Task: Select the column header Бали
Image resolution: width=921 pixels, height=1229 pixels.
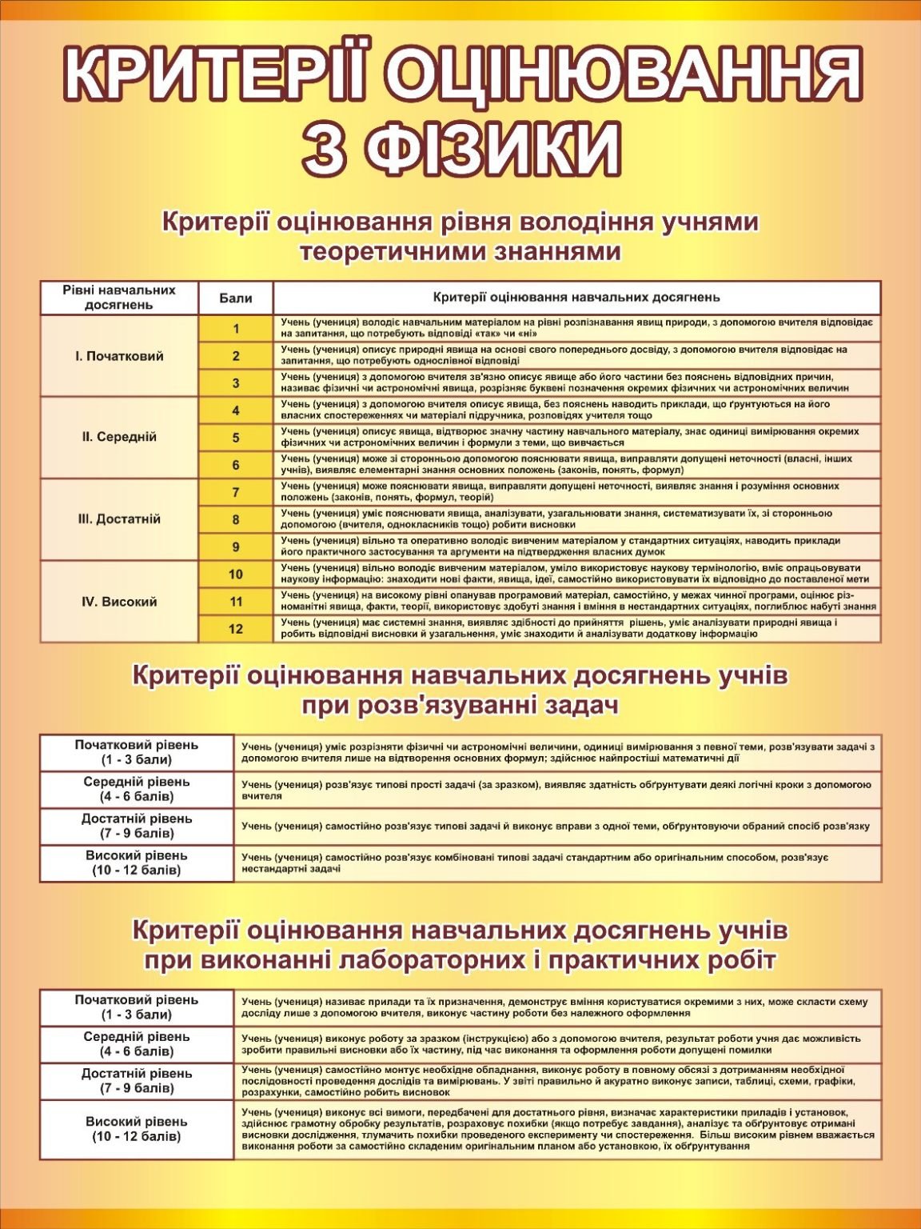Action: click(236, 298)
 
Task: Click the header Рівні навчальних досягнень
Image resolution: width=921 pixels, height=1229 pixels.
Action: click(119, 298)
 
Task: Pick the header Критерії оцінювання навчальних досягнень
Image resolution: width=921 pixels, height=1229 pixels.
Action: click(576, 298)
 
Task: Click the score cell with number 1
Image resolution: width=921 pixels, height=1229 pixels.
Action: click(236, 329)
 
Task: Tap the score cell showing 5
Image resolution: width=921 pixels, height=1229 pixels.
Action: click(236, 438)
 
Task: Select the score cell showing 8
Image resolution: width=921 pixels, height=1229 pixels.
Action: click(236, 519)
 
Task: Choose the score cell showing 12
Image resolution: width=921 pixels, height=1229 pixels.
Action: click(236, 629)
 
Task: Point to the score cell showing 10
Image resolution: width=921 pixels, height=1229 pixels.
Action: click(236, 574)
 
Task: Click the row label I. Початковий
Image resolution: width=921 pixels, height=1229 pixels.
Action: click(119, 356)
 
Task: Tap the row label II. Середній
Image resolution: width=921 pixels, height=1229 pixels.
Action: click(119, 438)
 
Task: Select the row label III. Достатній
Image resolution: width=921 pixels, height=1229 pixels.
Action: click(119, 519)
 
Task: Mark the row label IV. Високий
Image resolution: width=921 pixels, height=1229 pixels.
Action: click(119, 602)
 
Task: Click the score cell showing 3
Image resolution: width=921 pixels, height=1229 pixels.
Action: click(236, 383)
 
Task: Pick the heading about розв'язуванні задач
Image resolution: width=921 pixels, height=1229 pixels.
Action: click(460, 691)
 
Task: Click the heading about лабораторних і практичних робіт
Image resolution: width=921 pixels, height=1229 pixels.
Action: click(460, 945)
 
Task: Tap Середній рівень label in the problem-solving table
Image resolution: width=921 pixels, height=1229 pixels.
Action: click(137, 789)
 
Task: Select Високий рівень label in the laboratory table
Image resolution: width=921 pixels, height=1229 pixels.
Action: click(137, 1129)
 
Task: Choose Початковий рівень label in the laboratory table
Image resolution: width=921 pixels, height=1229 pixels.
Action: click(137, 1007)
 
